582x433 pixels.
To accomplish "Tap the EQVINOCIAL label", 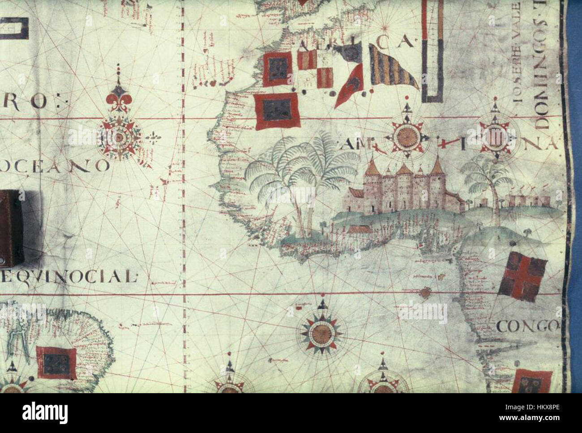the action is tap(67, 276).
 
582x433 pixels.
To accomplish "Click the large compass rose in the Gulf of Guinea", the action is tap(321, 332).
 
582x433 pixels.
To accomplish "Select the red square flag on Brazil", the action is tap(56, 360).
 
